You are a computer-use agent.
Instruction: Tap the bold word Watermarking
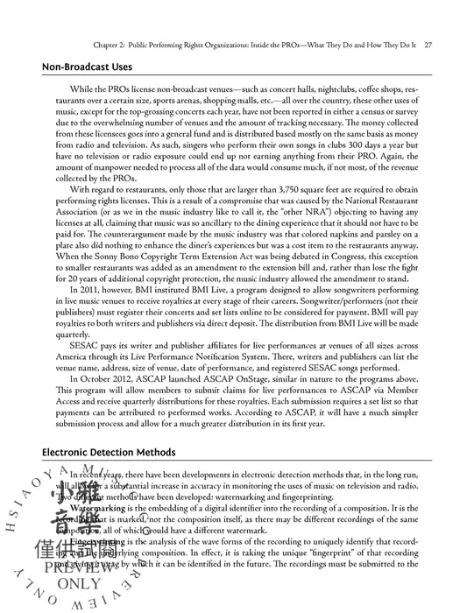(98, 508)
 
